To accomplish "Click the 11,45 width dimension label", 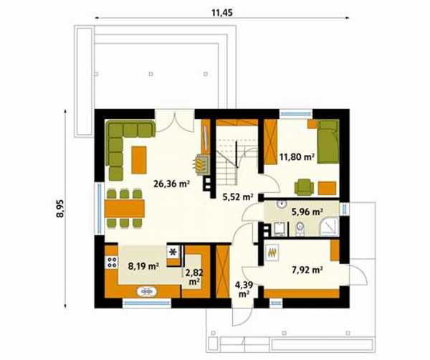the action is coord(222,12).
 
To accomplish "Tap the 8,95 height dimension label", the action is coord(59,209).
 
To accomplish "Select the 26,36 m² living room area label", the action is coord(172,184).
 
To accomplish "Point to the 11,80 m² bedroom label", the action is coord(297,156).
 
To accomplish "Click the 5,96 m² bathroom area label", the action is coord(307,212).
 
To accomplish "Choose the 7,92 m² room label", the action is coord(307,270).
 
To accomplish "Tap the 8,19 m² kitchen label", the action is coord(144,266).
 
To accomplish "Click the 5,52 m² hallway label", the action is coord(238,197).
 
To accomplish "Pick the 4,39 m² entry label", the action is coord(244,290).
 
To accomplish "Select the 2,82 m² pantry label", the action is coord(194,277).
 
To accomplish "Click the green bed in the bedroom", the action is coord(328,141).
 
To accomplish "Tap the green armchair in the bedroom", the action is coord(304,187).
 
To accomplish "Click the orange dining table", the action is coord(125,209).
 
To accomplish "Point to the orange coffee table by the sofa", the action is coord(139,160).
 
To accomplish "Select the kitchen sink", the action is coord(147,291).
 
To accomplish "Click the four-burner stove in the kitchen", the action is coord(112,262).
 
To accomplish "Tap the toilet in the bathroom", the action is coord(300,228).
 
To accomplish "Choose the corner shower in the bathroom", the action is coord(330,226).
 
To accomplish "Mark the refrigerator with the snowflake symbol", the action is coord(173,252).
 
